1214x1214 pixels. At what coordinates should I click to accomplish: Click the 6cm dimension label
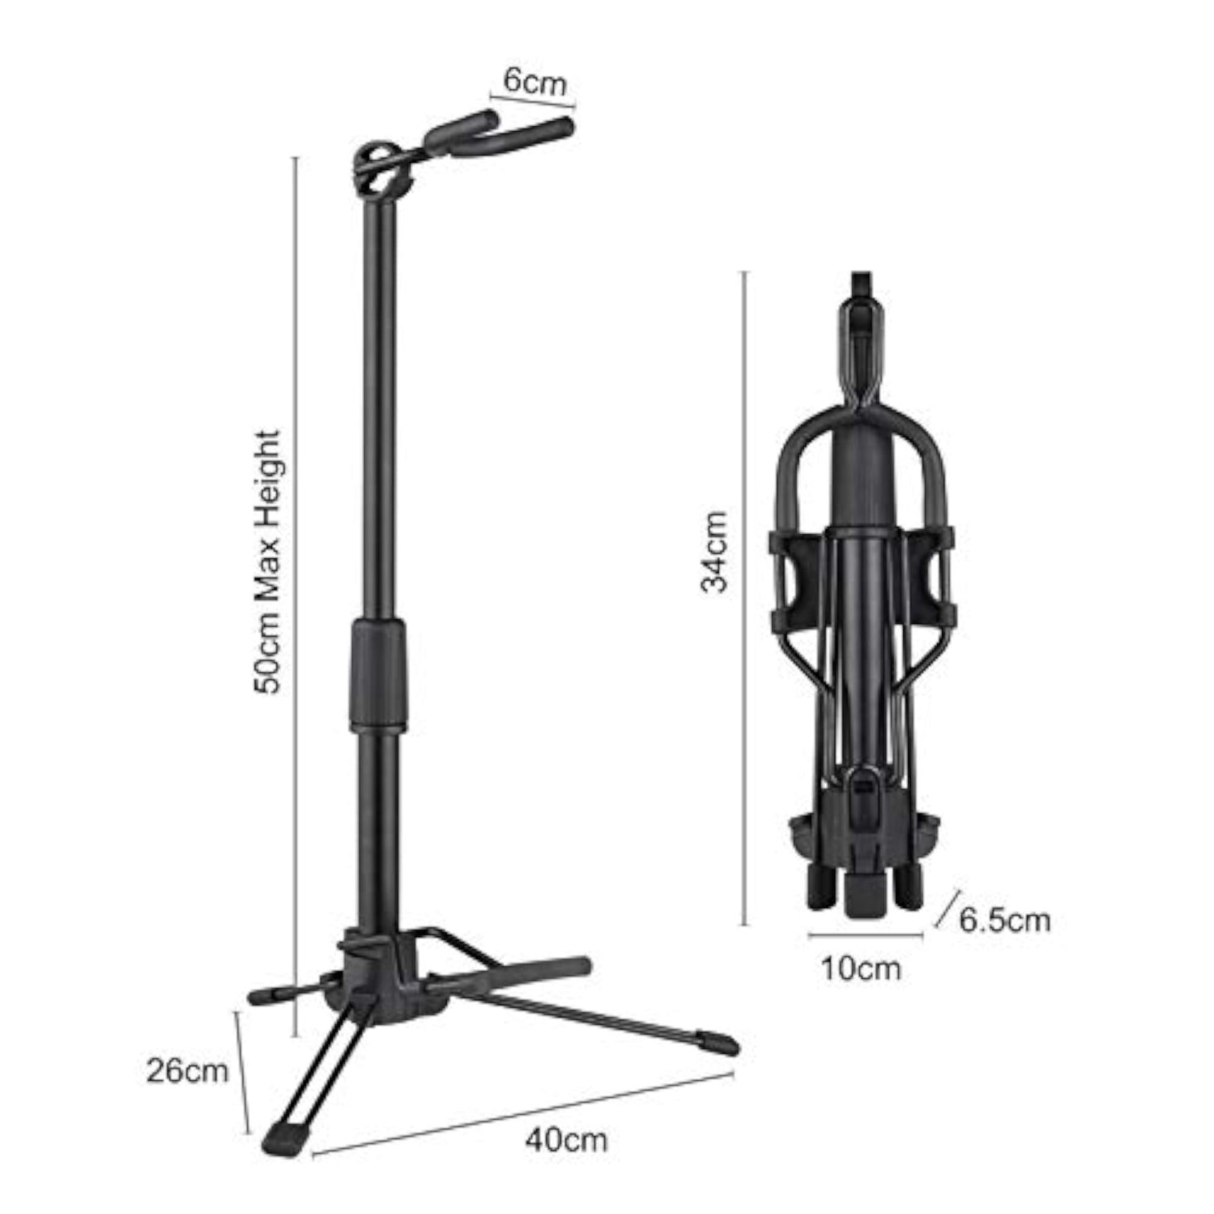(x=536, y=82)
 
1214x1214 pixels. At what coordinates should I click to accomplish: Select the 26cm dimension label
(x=187, y=1071)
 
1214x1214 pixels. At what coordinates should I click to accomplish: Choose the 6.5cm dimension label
(x=1005, y=920)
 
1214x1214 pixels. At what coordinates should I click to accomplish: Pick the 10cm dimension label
(x=861, y=969)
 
